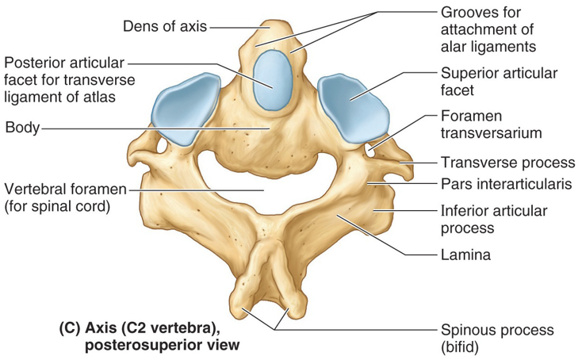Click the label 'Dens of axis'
pyautogui.click(x=165, y=27)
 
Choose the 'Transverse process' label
pyautogui.click(x=507, y=163)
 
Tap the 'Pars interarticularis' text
pyautogui.click(x=507, y=186)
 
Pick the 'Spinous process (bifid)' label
pyautogui.click(x=497, y=337)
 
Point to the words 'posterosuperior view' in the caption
pyautogui.click(x=148, y=346)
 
